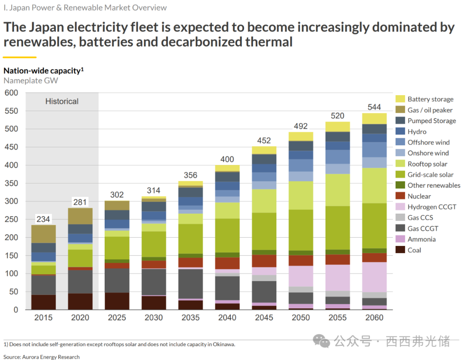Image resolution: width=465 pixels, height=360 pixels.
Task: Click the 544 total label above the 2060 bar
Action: tap(374, 107)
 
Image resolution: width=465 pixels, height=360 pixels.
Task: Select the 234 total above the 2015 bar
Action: tap(43, 219)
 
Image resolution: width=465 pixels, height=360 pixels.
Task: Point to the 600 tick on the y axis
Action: tap(11, 93)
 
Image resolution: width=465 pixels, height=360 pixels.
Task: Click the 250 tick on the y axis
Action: tap(11, 219)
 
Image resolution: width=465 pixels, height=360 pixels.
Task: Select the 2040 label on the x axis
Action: tap(227, 318)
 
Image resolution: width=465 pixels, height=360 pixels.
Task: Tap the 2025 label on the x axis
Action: tap(117, 318)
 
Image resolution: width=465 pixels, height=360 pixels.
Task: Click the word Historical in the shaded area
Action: tap(62, 102)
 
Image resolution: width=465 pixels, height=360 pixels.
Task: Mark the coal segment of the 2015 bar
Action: tap(43, 302)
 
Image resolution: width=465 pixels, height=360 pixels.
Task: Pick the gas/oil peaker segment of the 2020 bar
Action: tap(80, 216)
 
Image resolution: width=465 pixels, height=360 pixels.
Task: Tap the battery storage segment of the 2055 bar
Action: tap(338, 127)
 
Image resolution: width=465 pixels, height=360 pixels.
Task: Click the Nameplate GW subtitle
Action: tap(31, 81)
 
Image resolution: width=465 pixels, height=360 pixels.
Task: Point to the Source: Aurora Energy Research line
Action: tap(41, 357)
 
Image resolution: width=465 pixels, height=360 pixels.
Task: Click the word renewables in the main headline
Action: tap(39, 42)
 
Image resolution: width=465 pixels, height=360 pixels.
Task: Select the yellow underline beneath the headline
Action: tap(20, 57)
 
